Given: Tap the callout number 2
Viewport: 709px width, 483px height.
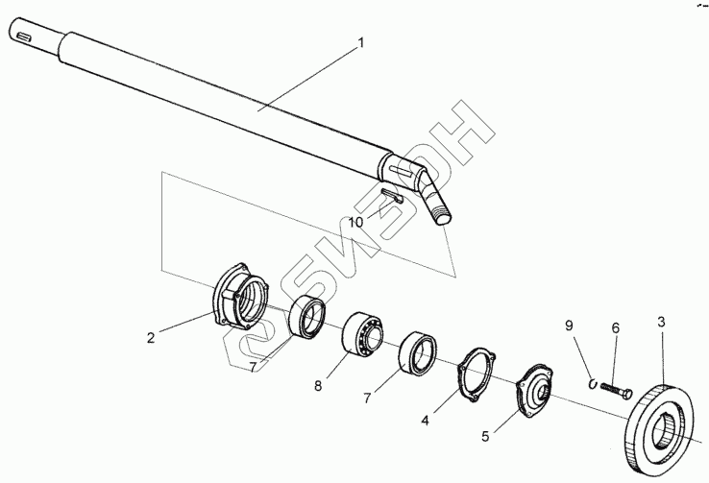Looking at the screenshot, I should click(152, 337).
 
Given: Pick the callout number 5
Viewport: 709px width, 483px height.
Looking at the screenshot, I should click(485, 436).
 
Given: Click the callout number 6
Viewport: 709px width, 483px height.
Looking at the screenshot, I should click(616, 328).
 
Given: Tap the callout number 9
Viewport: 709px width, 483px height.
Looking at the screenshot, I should click(568, 326).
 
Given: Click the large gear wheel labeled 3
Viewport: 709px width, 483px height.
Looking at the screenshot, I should click(662, 422).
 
